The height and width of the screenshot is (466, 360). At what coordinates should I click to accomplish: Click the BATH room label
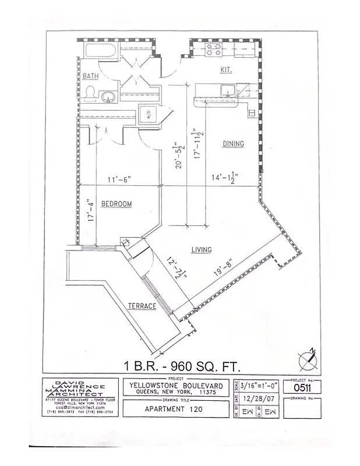[x=90, y=76]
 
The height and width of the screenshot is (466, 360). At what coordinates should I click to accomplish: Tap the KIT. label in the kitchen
[x=225, y=70]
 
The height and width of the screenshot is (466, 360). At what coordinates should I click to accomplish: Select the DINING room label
[x=232, y=144]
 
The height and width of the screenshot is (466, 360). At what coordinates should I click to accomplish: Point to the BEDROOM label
[x=117, y=204]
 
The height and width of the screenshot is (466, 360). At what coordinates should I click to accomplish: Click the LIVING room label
[x=201, y=250]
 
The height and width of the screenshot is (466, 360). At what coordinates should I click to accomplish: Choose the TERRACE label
[x=142, y=306]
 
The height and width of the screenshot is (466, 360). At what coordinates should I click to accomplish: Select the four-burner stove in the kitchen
[x=213, y=50]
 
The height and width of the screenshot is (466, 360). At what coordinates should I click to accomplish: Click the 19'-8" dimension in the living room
[x=223, y=272]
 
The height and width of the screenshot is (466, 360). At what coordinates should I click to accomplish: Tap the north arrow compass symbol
[x=306, y=359]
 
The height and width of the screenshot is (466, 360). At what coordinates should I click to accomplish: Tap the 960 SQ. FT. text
[x=206, y=366]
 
